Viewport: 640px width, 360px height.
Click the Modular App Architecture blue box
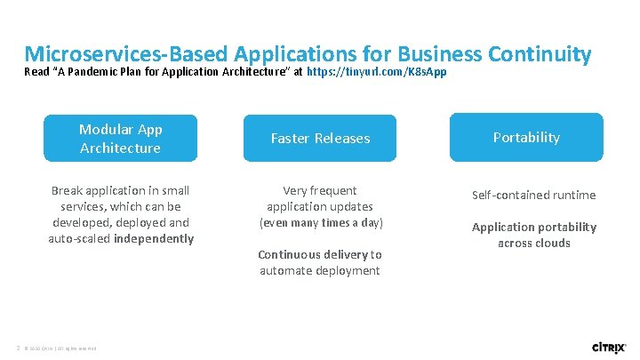click(x=120, y=138)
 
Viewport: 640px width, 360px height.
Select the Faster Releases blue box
click(x=320, y=138)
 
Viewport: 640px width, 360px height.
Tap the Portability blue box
click(x=526, y=137)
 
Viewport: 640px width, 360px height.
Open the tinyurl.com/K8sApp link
click(x=376, y=71)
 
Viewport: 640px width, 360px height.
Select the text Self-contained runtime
click(x=533, y=195)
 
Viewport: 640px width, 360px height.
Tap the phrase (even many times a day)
click(x=320, y=222)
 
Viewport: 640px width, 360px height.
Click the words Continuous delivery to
click(x=320, y=254)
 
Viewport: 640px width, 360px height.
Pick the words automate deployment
click(x=320, y=270)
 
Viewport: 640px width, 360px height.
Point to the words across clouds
click(x=533, y=243)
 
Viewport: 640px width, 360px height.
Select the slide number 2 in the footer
click(x=17, y=347)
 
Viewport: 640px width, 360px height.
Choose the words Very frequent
click(x=320, y=190)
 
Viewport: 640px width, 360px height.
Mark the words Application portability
click(x=533, y=227)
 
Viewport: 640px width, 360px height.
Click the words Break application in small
click(x=120, y=190)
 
